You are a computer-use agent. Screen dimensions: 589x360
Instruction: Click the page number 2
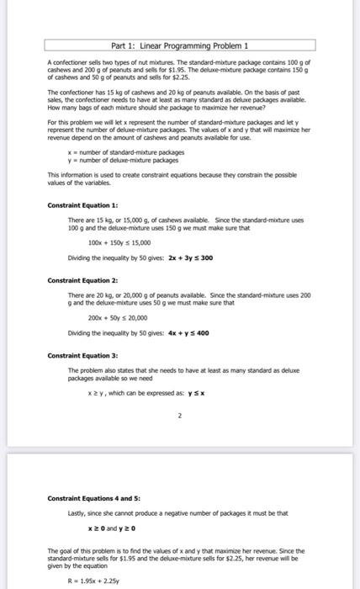click(x=179, y=415)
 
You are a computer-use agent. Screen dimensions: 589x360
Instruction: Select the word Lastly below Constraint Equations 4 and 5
click(x=77, y=512)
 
